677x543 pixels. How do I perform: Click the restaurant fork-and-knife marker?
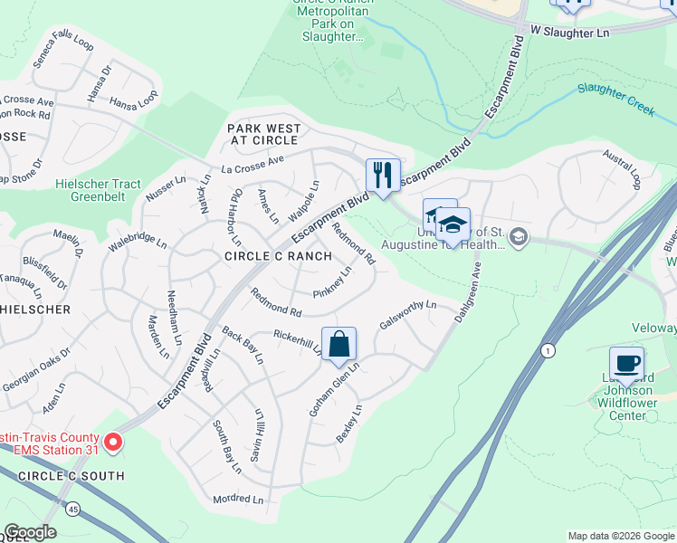click(382, 175)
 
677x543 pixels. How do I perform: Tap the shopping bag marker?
click(338, 345)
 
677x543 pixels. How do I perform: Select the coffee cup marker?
click(627, 364)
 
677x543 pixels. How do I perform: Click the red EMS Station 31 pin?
click(113, 442)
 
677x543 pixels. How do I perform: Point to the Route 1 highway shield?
click(547, 349)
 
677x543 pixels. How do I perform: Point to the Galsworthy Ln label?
click(408, 316)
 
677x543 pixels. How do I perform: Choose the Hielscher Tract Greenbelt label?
click(99, 190)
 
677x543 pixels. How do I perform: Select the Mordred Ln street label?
click(238, 499)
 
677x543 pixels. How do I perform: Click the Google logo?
click(30, 533)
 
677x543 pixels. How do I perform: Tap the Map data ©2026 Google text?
click(620, 536)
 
